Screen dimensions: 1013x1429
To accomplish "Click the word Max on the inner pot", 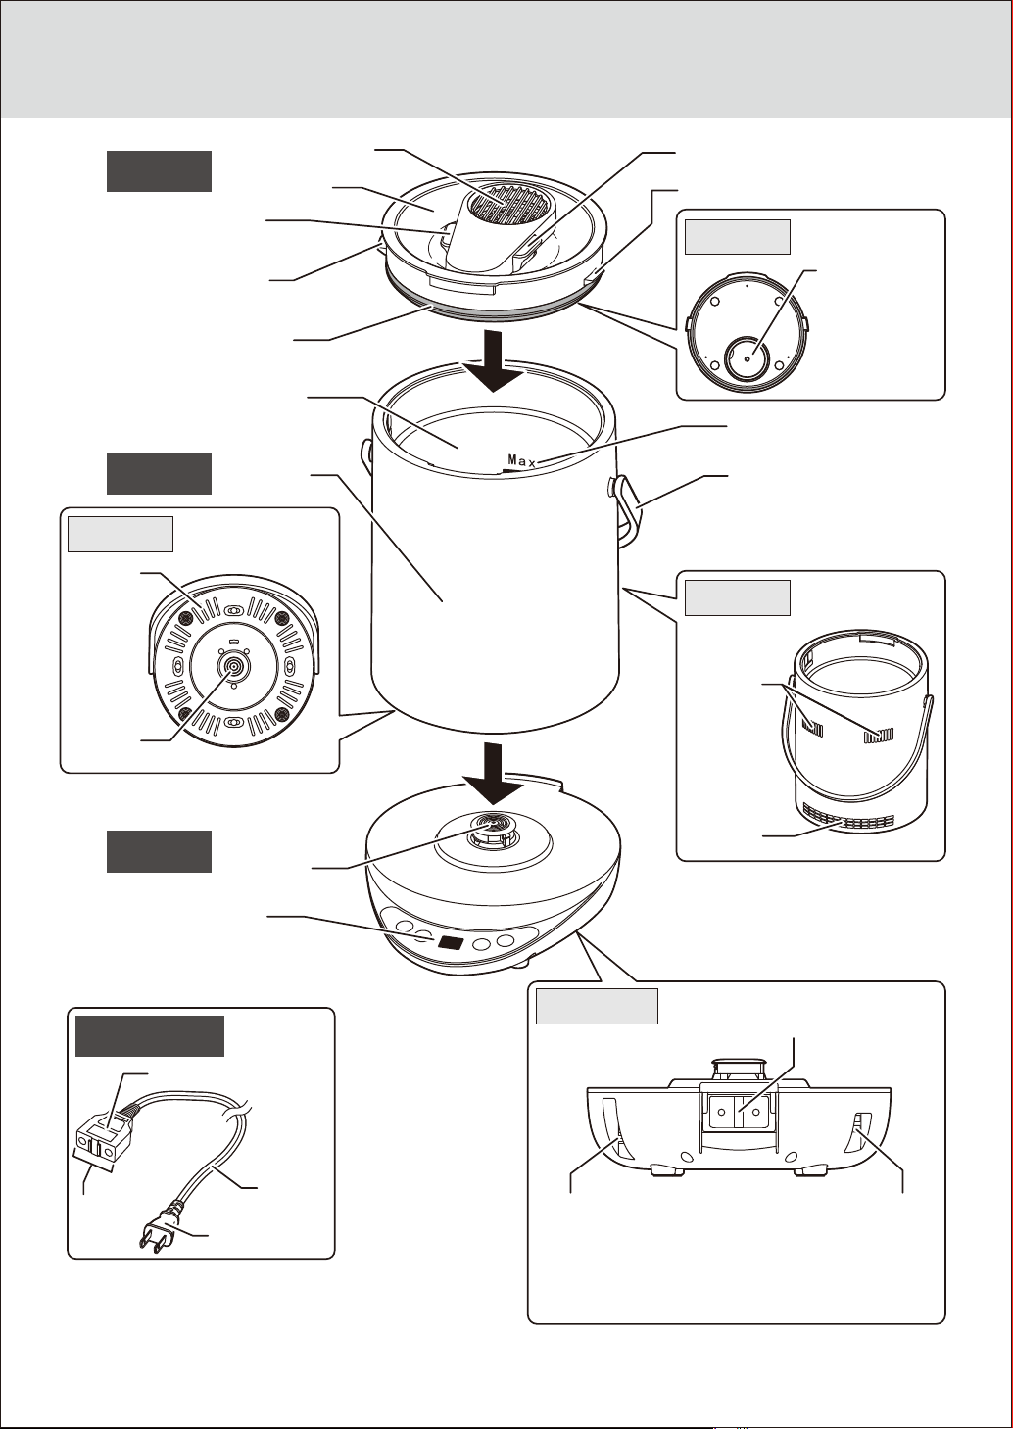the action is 521,460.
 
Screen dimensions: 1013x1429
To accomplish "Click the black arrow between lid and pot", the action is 493,360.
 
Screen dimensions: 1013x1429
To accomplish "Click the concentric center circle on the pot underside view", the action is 232,667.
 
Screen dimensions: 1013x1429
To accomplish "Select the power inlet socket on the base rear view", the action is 739,1111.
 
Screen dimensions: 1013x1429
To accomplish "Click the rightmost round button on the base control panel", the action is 506,941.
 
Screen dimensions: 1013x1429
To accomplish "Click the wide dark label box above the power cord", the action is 150,1036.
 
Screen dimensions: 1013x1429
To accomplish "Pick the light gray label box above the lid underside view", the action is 738,237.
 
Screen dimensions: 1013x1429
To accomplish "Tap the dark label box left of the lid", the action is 159,171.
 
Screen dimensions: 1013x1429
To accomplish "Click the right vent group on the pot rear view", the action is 879,736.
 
